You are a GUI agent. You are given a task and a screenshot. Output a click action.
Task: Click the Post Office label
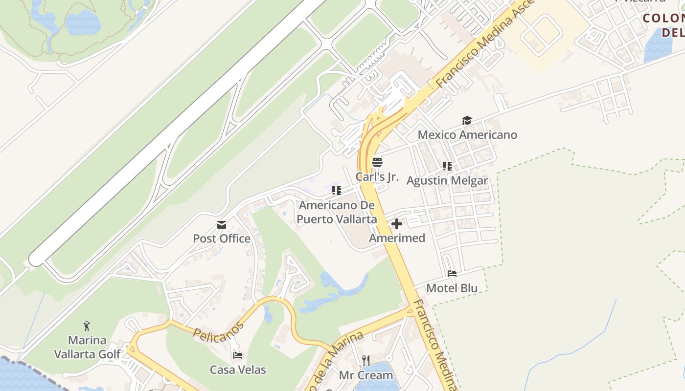(222, 239)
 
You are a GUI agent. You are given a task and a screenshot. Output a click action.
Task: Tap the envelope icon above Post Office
(222, 225)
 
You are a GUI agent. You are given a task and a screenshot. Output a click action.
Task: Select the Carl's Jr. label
(377, 176)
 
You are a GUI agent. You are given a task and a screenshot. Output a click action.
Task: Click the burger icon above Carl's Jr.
(377, 162)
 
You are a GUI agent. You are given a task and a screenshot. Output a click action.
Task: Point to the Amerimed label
(397, 238)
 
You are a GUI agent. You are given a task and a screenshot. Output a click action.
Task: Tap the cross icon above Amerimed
(397, 224)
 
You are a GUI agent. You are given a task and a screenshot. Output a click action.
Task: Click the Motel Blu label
(452, 288)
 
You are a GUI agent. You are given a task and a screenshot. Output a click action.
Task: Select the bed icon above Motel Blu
(452, 274)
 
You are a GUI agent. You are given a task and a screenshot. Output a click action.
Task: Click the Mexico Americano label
(467, 134)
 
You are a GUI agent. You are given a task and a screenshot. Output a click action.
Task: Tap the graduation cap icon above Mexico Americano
(467, 120)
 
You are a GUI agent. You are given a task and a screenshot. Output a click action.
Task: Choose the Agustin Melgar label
(447, 180)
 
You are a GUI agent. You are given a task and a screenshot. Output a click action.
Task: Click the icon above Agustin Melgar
(447, 166)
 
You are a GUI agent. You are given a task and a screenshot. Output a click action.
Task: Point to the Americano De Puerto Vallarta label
(337, 212)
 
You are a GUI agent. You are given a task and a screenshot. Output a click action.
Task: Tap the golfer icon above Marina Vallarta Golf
(87, 326)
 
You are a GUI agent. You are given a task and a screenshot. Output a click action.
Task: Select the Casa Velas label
(238, 369)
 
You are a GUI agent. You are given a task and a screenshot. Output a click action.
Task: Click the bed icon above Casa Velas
(238, 355)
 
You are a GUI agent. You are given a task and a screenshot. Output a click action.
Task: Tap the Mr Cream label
(366, 375)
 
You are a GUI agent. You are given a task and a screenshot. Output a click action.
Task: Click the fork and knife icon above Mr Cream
(366, 361)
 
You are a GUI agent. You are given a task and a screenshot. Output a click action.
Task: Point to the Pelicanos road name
(218, 331)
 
